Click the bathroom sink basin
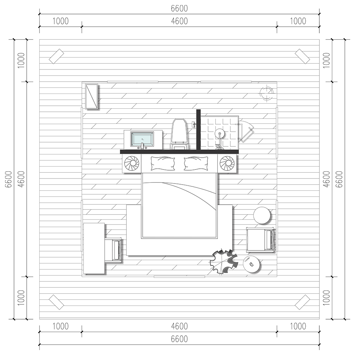pyautogui.click(x=142, y=139)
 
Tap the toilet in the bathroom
pyautogui.click(x=180, y=134)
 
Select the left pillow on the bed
pyautogui.click(x=163, y=163)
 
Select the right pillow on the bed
pyautogui.click(x=196, y=163)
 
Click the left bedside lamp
pyautogui.click(x=132, y=163)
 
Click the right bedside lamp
pyautogui.click(x=227, y=163)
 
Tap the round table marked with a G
pyautogui.click(x=252, y=264)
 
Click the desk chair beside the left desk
pyautogui.click(x=113, y=250)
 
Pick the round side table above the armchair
pyautogui.click(x=262, y=215)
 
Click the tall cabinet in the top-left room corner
pyautogui.click(x=92, y=96)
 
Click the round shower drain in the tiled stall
pyautogui.click(x=219, y=134)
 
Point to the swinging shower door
pyautogui.click(x=246, y=131)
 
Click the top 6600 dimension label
pyautogui.click(x=179, y=9)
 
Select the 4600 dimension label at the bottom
pyautogui.click(x=179, y=326)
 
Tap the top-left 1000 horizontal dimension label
pyautogui.click(x=60, y=21)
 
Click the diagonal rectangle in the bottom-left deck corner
pyautogui.click(x=57, y=302)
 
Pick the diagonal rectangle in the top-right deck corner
pyautogui.click(x=302, y=56)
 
